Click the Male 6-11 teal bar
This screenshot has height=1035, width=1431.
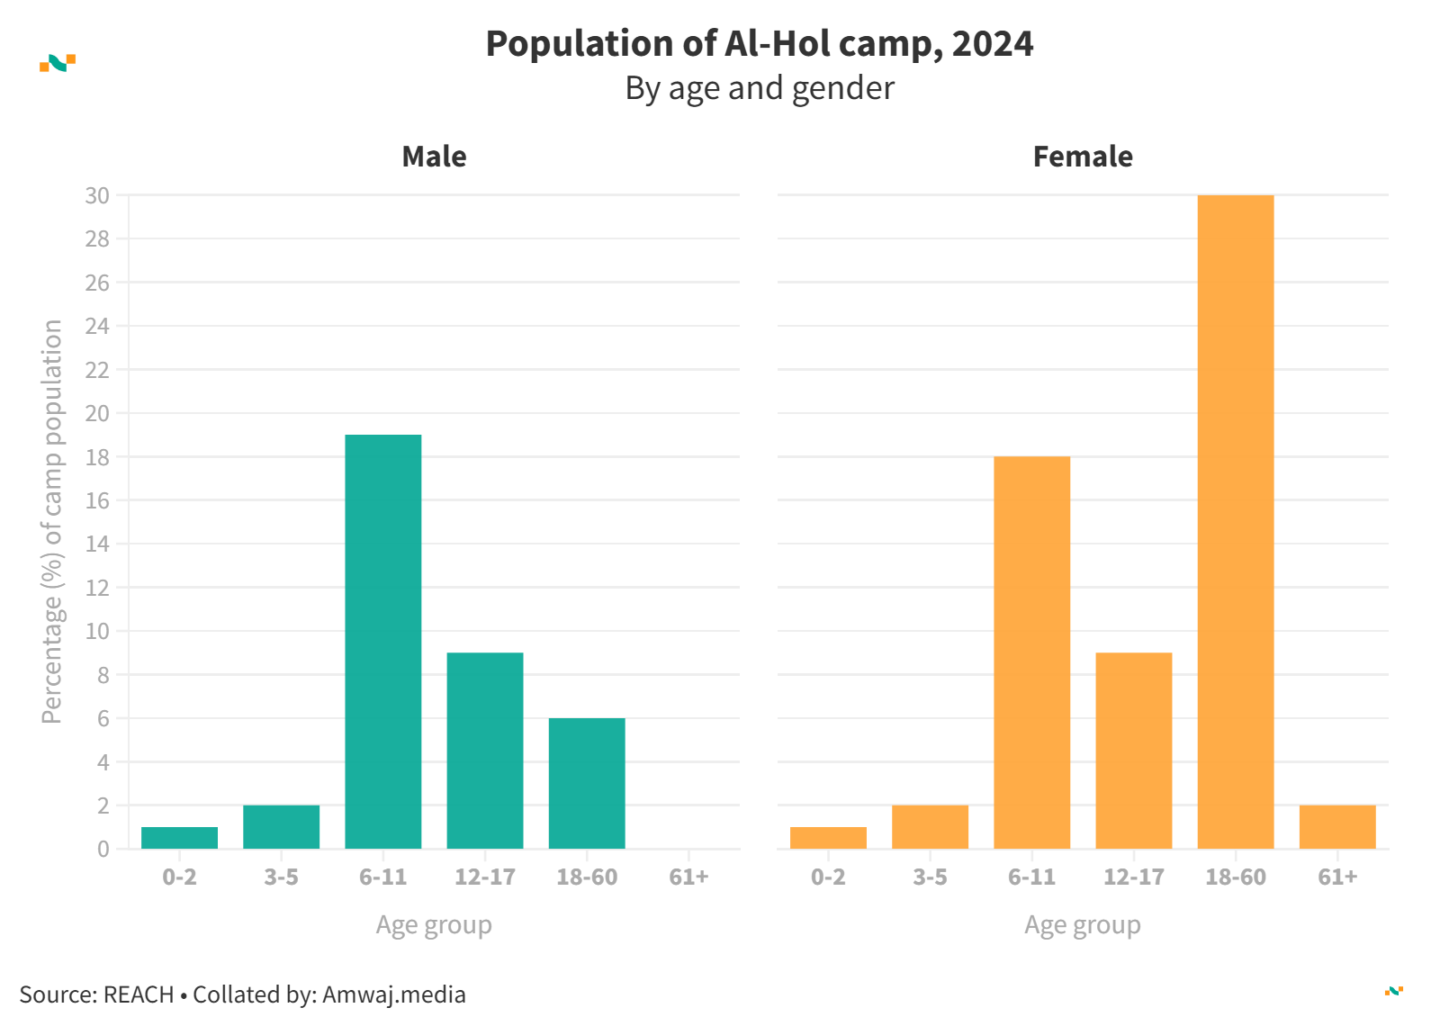[383, 641]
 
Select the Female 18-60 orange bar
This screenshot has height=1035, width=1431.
[1236, 522]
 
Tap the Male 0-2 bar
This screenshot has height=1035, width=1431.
[179, 838]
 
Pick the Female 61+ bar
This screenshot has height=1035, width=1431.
[1337, 827]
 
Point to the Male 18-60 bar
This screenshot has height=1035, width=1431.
[587, 783]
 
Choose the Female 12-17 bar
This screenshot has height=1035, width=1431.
[1134, 751]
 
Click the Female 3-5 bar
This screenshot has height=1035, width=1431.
[930, 827]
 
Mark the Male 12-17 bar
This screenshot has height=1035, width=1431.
[485, 751]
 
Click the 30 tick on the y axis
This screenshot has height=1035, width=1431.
[97, 195]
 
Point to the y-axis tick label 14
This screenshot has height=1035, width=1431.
[97, 544]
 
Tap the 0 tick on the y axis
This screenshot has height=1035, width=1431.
[103, 849]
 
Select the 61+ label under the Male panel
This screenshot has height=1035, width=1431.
[688, 877]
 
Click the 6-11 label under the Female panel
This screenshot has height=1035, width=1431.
[1031, 877]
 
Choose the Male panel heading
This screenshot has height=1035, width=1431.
[434, 157]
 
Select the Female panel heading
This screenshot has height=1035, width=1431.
[1083, 157]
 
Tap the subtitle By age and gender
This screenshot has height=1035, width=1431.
[760, 88]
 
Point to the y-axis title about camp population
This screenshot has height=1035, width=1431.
[52, 522]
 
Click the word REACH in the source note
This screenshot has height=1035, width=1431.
[139, 994]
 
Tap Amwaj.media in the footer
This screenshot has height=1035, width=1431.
[394, 994]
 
